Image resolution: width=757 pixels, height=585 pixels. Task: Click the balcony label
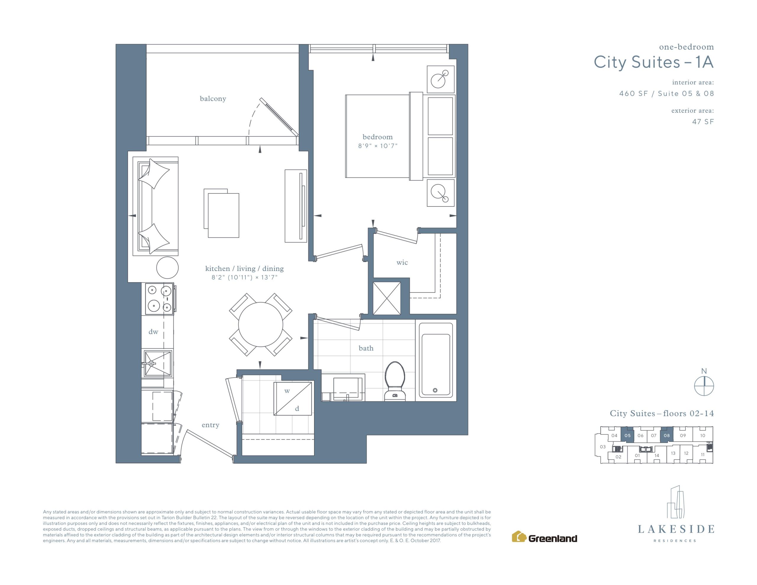213,99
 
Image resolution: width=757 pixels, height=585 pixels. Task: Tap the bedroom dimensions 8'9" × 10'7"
377,146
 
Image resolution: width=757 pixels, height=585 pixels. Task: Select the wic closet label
402,263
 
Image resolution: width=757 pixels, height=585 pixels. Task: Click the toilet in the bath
395,381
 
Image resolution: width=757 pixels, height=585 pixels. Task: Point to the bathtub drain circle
435,390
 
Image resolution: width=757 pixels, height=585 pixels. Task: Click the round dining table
260,324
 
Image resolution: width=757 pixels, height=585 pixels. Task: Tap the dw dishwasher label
153,332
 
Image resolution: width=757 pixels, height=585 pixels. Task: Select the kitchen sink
158,363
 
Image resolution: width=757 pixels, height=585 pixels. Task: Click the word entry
211,425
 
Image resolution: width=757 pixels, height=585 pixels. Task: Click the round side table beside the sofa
167,267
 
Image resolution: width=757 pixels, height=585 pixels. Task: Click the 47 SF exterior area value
703,122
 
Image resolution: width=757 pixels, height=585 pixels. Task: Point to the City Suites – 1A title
654,62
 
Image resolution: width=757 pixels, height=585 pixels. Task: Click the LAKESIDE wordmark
676,529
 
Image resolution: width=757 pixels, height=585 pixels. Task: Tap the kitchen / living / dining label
244,269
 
